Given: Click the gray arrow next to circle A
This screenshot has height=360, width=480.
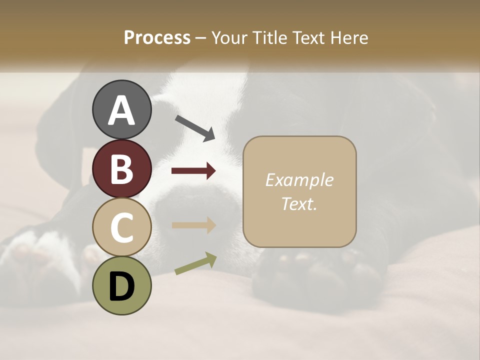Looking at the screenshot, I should [195, 128].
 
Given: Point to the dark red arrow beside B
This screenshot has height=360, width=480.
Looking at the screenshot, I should [193, 171].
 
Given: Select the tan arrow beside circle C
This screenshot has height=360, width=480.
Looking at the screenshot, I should [193, 225].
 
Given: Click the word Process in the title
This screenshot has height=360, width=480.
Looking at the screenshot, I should [157, 38].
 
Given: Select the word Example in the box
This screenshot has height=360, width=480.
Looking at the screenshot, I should [299, 180].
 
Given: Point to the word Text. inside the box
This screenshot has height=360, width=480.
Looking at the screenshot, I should [299, 203].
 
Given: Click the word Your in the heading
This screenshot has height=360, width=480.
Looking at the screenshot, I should [229, 38].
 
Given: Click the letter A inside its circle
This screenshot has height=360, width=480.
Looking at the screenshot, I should [121, 110].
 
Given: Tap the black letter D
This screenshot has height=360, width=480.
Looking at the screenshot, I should [121, 286].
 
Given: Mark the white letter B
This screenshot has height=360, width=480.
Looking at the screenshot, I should [121, 169].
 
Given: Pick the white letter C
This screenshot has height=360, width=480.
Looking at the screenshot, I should [121, 227].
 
